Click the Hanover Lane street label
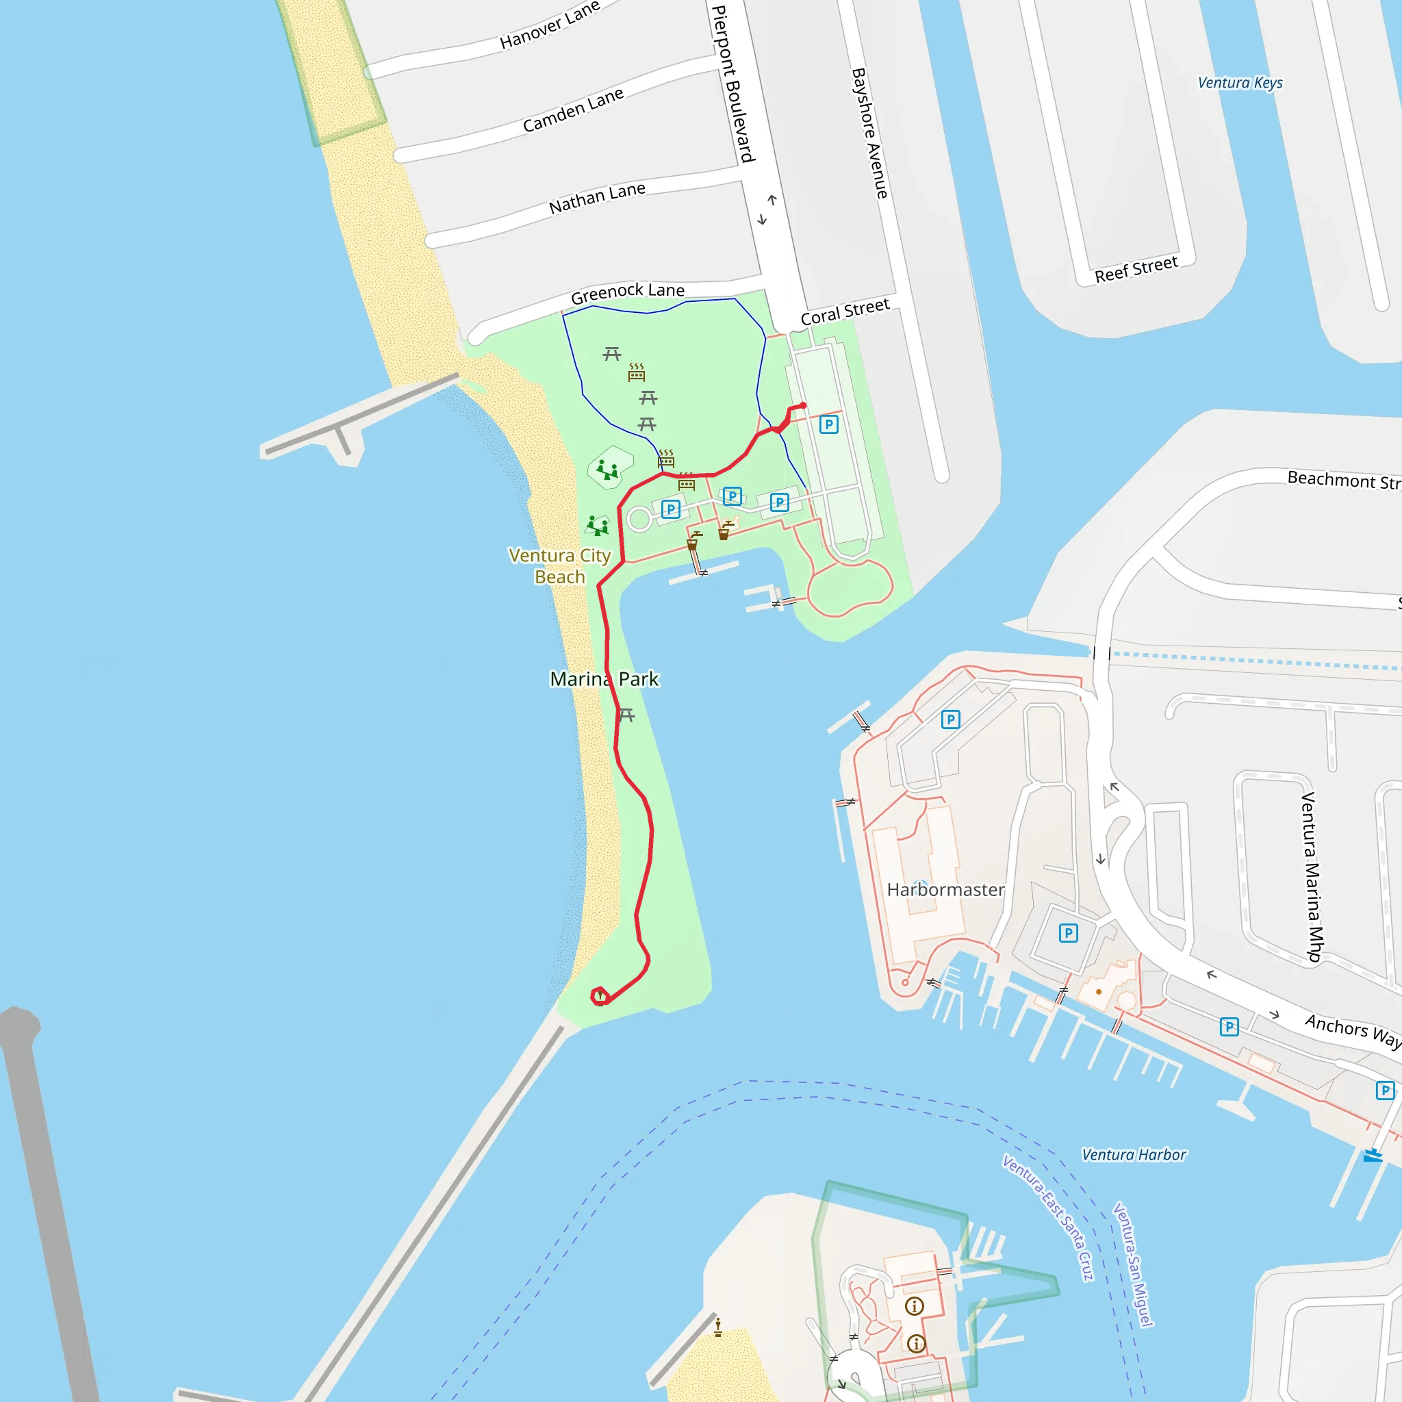pos(549,25)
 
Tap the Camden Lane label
pos(572,110)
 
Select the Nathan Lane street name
pos(596,198)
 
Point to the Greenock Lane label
pos(627,292)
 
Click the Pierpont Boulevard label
pos(734,84)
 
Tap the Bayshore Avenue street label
pos(869,133)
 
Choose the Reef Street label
pos(1136,269)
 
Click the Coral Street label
pos(845,311)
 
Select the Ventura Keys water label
pos(1240,83)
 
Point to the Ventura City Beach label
pos(559,565)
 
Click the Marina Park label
pos(604,679)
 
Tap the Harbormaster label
pos(945,890)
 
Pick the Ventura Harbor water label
pos(1134,1155)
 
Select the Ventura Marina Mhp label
pos(1311,877)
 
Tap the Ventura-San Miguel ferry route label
pos(1133,1264)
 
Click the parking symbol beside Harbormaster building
pos(1068,933)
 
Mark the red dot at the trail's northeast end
pos(803,406)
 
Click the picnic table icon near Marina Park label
pos(627,715)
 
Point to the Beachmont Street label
pos(1343,480)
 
